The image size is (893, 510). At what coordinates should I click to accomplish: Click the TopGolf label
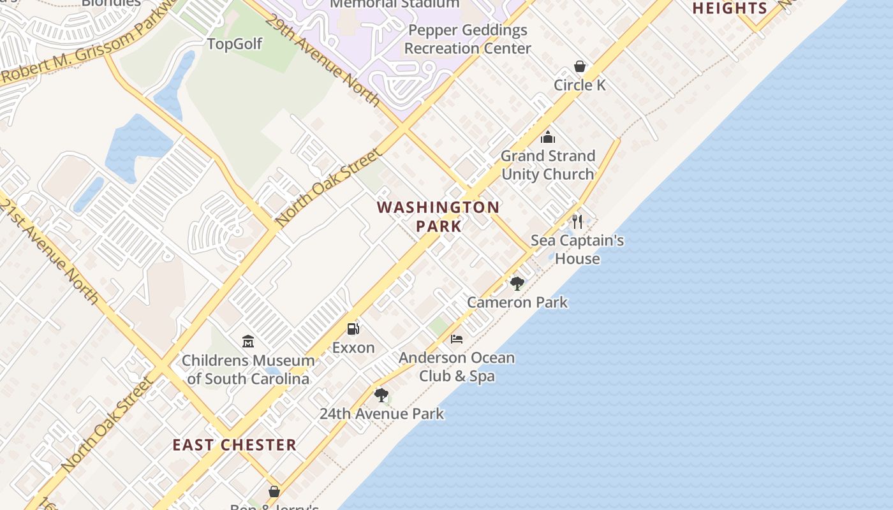235,43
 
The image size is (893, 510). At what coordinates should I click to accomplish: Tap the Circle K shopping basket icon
580,66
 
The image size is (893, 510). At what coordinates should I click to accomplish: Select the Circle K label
580,85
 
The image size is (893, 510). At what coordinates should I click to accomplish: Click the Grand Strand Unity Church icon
548,137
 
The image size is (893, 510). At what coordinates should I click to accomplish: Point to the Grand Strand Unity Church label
548,164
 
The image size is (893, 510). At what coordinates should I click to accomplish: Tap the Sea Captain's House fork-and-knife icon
577,222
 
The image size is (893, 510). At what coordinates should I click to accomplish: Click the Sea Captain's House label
577,249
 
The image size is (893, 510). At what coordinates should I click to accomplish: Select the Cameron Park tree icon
517,284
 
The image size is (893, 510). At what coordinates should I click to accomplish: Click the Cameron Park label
517,302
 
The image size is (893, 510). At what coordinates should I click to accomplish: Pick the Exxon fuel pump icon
353,329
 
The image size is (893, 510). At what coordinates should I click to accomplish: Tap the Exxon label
353,347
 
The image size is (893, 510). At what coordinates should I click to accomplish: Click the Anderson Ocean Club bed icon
457,339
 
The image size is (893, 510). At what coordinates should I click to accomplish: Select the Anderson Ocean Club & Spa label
457,367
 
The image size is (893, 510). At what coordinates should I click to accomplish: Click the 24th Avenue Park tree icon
381,395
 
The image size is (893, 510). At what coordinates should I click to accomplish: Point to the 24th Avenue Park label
381,414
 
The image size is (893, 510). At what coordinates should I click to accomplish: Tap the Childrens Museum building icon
248,342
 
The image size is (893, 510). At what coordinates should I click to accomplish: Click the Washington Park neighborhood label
438,216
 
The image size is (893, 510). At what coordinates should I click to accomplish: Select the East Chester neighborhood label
235,445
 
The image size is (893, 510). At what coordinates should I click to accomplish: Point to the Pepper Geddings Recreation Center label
468,39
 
